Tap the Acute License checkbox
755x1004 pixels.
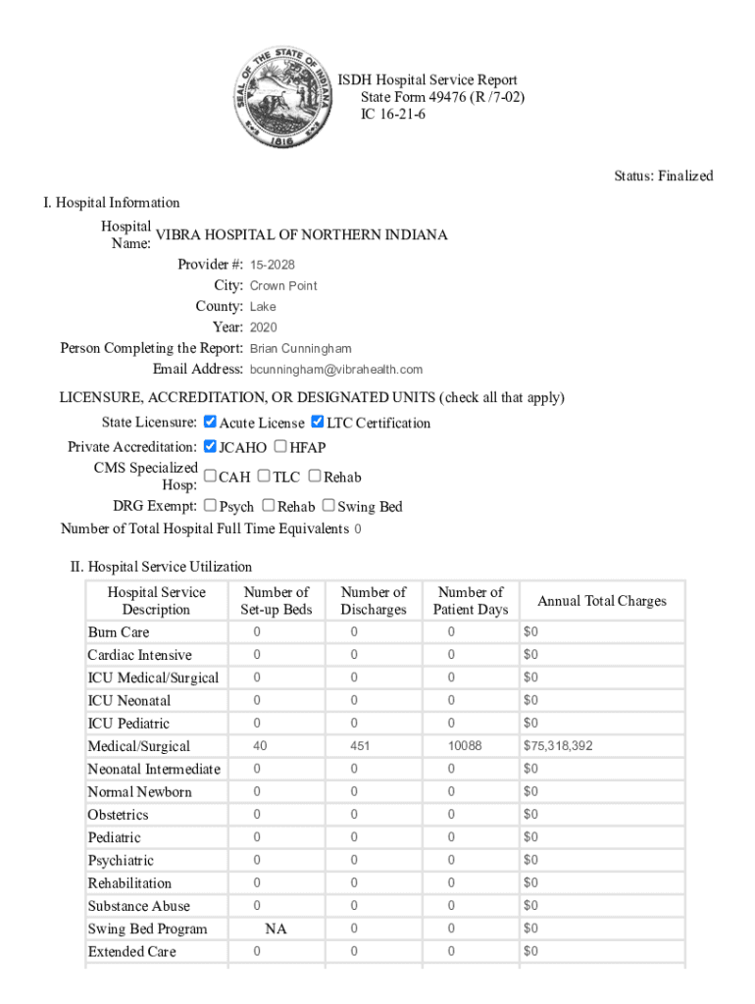[x=210, y=423]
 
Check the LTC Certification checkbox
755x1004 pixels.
[x=317, y=423]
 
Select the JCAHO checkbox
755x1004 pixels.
[x=210, y=447]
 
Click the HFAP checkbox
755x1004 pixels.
[x=280, y=447]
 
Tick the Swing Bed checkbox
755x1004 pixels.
[x=328, y=506]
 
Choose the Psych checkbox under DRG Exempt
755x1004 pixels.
[x=210, y=506]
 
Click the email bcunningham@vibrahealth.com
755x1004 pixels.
[x=336, y=370]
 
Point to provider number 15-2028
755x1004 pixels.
[x=273, y=265]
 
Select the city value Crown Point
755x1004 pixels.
[x=283, y=286]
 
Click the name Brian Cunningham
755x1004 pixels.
[x=300, y=349]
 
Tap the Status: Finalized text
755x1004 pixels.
[x=664, y=176]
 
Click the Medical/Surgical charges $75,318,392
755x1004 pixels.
[x=558, y=746]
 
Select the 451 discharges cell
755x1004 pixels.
[x=360, y=746]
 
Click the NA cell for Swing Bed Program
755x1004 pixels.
[x=277, y=929]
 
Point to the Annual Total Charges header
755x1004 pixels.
[x=602, y=601]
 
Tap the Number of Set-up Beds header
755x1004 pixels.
[x=277, y=601]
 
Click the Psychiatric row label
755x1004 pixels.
[x=121, y=861]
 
